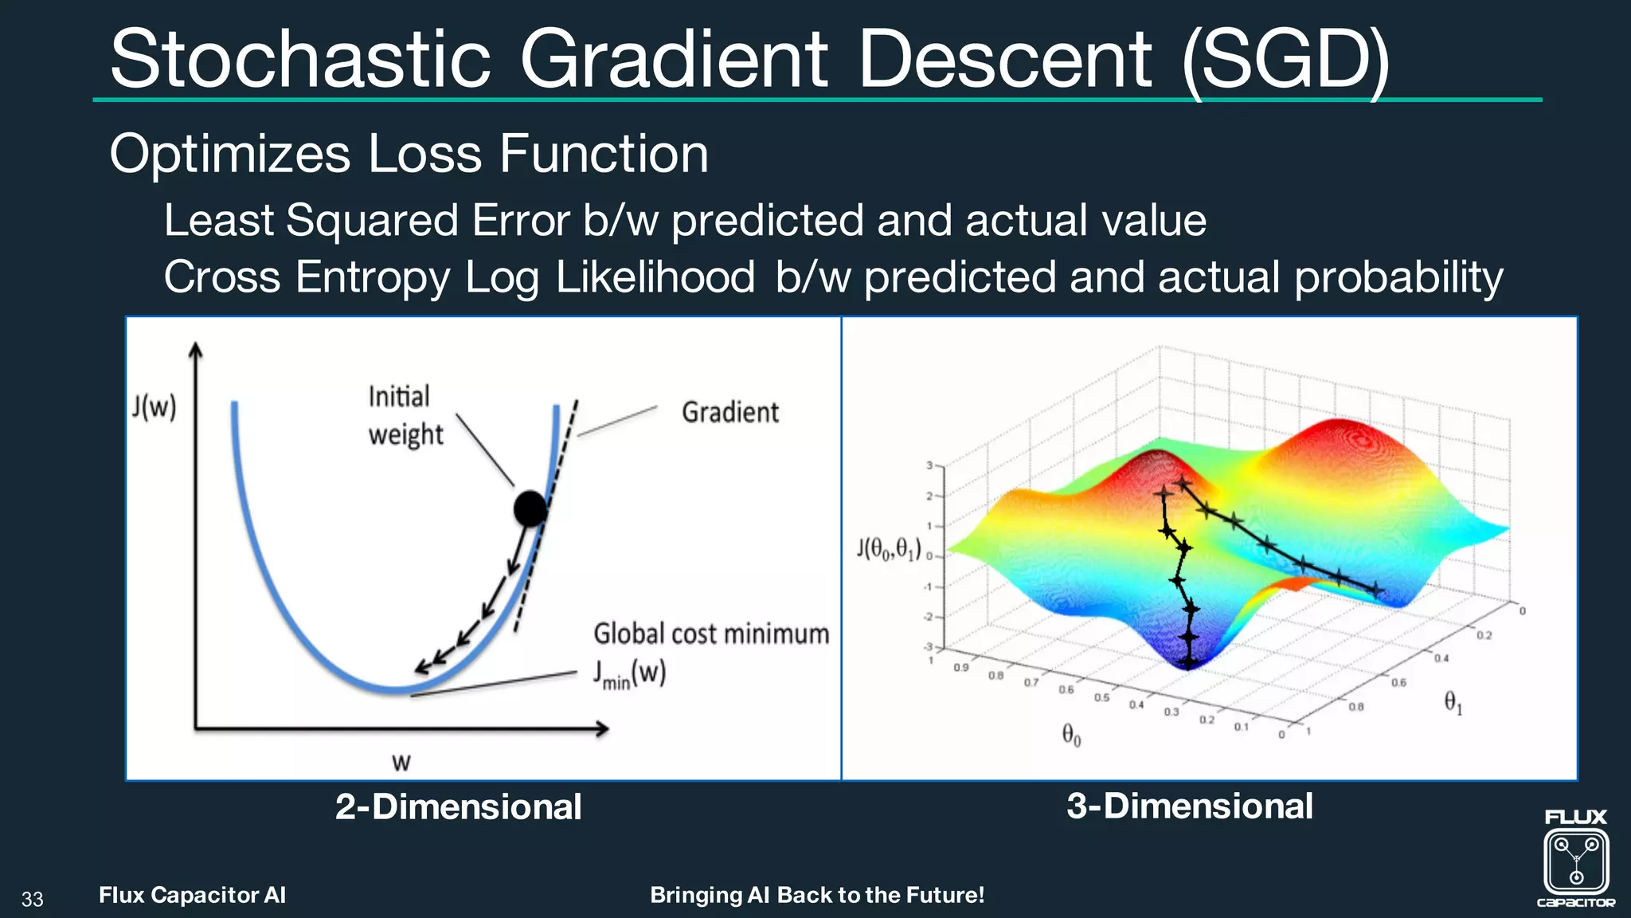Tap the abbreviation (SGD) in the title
(1285, 61)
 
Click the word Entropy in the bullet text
(372, 277)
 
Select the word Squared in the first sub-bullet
(372, 221)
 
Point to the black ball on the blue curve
(530, 508)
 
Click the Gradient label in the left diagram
(729, 413)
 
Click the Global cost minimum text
(710, 634)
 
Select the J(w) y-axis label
(154, 407)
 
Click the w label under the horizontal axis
(401, 763)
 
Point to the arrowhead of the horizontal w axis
(603, 728)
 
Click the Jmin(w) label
(629, 674)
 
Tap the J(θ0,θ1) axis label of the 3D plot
(888, 549)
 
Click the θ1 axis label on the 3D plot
(1453, 703)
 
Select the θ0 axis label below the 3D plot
(1071, 735)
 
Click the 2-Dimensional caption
(458, 806)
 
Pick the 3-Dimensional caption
(1189, 806)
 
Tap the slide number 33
(33, 900)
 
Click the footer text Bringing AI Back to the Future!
(817, 895)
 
